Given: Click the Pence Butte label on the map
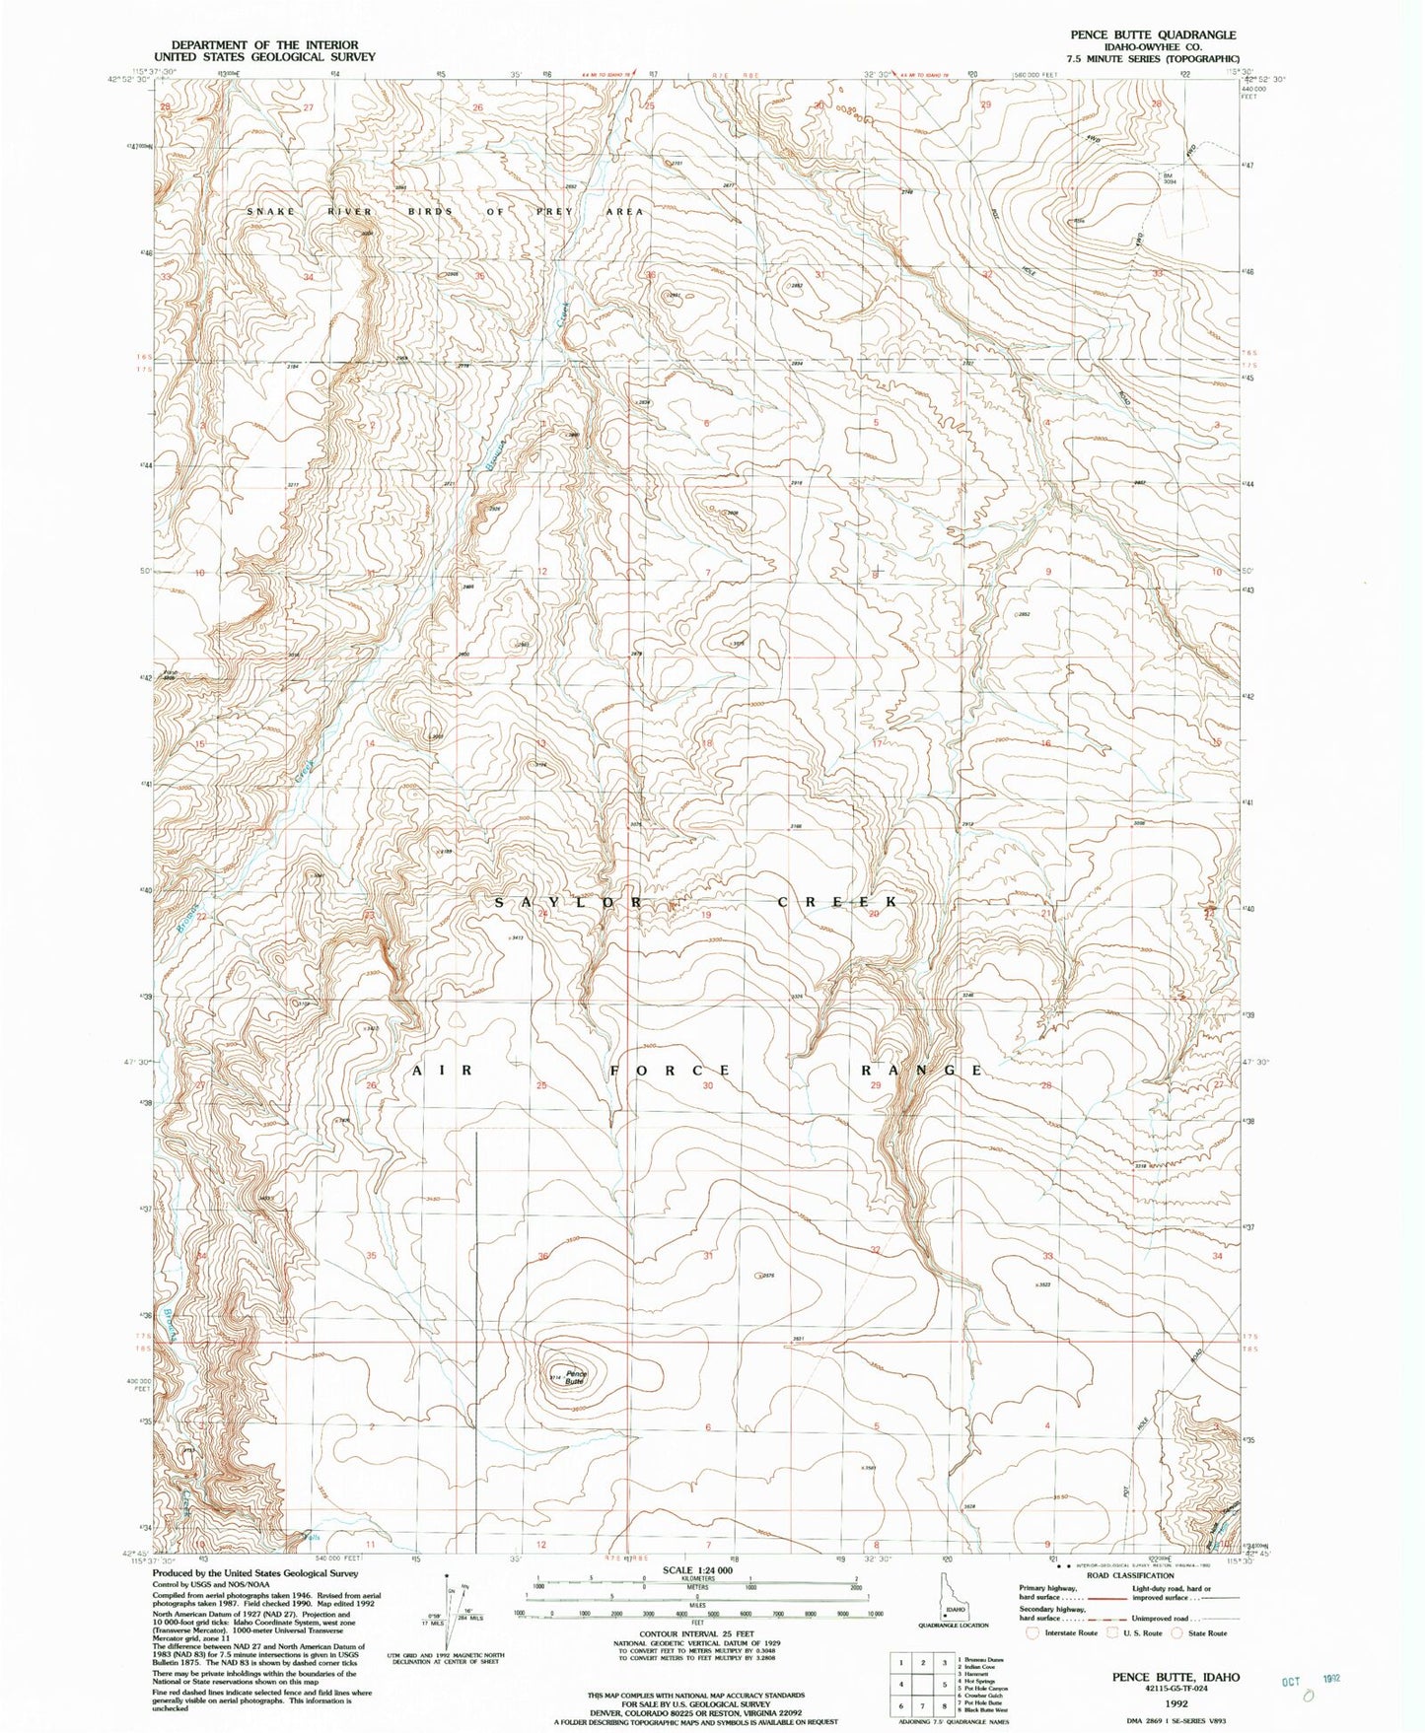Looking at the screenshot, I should tap(575, 1377).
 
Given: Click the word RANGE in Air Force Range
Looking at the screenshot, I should tap(922, 1070).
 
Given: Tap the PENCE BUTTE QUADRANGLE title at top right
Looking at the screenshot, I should tap(1153, 35).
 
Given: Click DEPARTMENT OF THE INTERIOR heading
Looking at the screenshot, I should tap(265, 44).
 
